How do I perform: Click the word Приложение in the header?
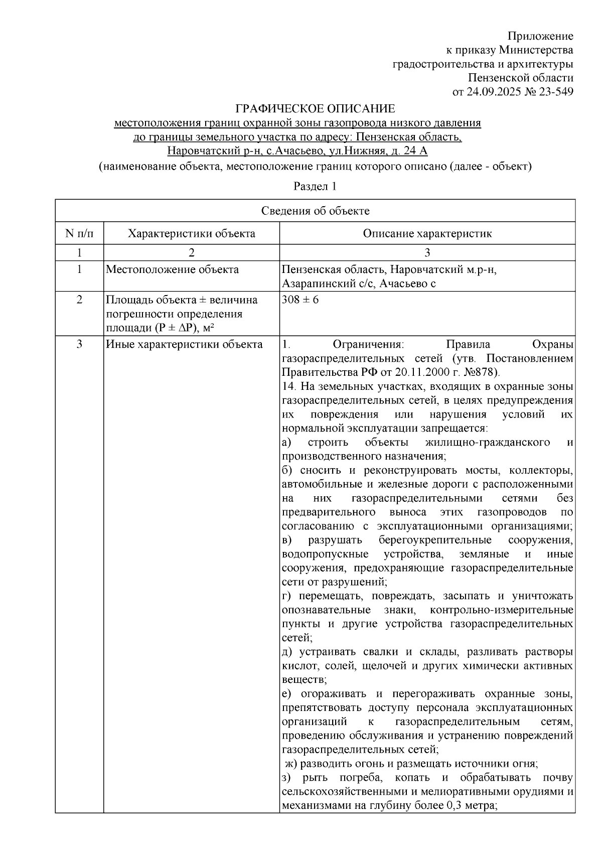(540, 36)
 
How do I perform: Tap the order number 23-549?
(556, 92)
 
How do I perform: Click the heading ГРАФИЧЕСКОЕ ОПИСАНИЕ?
(316, 109)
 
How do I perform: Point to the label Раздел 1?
(315, 187)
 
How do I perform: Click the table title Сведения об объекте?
(315, 211)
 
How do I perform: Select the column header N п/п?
(79, 233)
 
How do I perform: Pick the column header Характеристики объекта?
(191, 233)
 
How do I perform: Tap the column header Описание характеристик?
(427, 233)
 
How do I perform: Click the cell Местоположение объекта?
(172, 270)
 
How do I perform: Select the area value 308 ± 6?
(300, 300)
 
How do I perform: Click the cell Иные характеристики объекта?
(184, 344)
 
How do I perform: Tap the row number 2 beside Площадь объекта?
(79, 300)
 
